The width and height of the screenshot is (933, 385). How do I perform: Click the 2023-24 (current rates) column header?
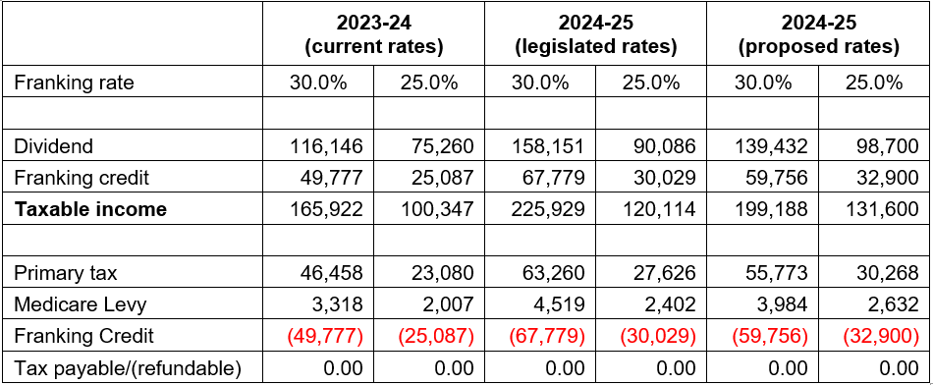click(373, 35)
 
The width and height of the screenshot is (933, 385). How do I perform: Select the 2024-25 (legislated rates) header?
click(595, 35)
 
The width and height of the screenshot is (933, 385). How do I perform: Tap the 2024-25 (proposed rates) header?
click(818, 35)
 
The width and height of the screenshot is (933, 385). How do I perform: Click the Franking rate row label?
click(74, 82)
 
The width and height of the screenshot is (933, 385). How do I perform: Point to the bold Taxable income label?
click(89, 209)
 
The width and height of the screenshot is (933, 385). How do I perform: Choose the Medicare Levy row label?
click(81, 304)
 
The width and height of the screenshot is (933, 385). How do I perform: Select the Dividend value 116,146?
click(324, 145)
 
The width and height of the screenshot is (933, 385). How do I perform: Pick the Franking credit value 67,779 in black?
click(550, 178)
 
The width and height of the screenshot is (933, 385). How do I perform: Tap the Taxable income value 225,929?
click(546, 209)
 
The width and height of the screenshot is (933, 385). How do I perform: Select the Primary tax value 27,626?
click(661, 273)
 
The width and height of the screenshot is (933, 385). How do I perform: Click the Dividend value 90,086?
click(661, 145)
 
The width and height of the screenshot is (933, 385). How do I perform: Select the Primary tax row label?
click(66, 273)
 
